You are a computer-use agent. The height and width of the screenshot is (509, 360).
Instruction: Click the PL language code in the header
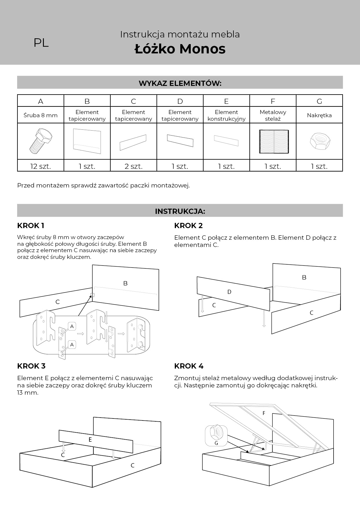pos(41,43)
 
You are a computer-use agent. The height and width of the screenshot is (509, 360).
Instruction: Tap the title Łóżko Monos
pos(180,49)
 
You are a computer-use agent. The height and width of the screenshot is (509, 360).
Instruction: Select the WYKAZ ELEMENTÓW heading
pos(180,83)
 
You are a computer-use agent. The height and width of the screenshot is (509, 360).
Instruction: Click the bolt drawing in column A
pos(41,141)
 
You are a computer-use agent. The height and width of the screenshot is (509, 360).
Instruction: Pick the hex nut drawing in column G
pos(319,141)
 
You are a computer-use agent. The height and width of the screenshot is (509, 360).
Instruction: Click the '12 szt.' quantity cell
pos(41,166)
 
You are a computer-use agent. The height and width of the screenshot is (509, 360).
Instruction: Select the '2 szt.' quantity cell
pos(134,166)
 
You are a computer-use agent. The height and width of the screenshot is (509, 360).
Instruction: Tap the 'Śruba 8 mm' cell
pos(41,115)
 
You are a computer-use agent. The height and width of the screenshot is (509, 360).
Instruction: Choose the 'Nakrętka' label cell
pos(319,115)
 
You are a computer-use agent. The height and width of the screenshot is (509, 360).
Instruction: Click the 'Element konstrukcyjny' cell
pos(226,115)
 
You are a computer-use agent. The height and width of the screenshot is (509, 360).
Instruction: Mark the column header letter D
pos(180,101)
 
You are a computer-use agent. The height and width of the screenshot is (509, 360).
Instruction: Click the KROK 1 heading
pos(31,225)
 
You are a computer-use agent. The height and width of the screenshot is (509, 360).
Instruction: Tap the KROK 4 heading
pos(189,366)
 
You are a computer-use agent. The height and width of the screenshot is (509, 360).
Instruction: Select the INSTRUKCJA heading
pos(180,211)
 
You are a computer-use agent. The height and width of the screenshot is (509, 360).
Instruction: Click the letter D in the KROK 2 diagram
pos(229,292)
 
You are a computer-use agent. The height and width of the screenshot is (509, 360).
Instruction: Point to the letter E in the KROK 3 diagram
pos(90,440)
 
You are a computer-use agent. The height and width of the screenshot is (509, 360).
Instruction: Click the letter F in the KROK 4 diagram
pos(264,413)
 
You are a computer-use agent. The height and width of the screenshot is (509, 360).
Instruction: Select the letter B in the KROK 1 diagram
pos(125,283)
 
